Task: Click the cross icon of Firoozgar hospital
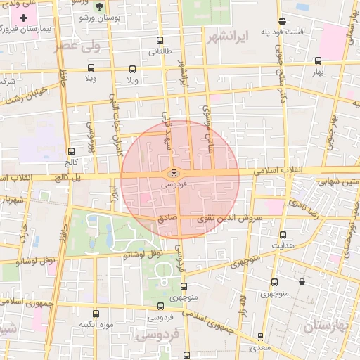click(x=34, y=15)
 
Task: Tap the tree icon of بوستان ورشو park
click(x=98, y=7)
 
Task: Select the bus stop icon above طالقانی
click(x=160, y=40)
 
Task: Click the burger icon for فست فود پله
click(x=283, y=21)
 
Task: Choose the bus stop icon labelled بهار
click(x=318, y=60)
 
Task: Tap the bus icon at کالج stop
click(x=71, y=151)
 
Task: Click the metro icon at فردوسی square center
click(x=174, y=173)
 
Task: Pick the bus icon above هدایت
click(x=283, y=235)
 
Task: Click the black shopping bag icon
click(x=302, y=282)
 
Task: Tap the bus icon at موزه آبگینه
click(x=96, y=314)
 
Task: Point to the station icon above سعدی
click(x=260, y=337)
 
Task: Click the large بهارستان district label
click(x=326, y=326)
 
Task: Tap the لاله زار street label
click(x=240, y=304)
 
